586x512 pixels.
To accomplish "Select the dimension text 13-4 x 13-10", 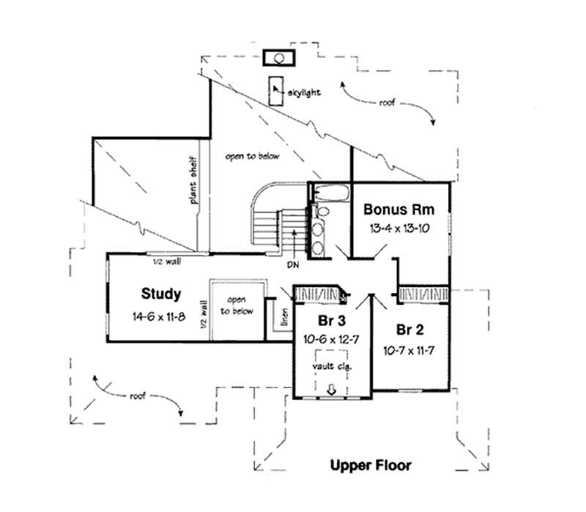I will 400,229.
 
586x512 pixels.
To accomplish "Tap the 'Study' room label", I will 161,294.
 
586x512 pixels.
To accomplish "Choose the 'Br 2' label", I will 409,327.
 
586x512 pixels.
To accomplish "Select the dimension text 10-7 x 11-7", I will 409,351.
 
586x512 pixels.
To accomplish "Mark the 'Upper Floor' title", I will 370,465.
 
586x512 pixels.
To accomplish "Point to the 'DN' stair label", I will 292,264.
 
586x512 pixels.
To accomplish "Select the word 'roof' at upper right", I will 385,103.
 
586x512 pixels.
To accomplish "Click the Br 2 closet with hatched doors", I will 423,294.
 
